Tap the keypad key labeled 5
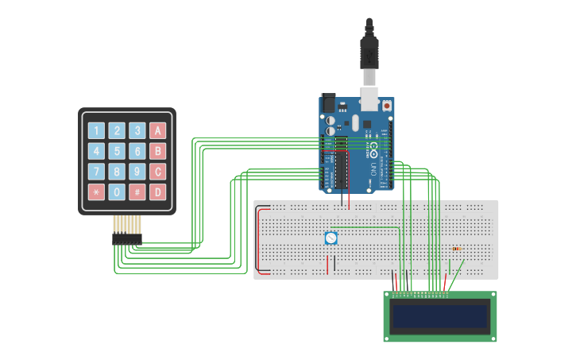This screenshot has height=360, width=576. (117, 151)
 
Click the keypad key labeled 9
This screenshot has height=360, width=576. (137, 172)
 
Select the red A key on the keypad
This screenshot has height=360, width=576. (158, 130)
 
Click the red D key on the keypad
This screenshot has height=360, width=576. (158, 192)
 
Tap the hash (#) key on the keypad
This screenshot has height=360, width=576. (137, 192)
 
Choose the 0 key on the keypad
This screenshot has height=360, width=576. (117, 192)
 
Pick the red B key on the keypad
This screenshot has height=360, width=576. (158, 151)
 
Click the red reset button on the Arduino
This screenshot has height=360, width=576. (387, 105)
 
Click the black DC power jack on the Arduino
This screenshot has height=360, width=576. (328, 103)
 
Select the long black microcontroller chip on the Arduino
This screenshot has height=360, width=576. (342, 163)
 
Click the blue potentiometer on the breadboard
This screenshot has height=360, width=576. (331, 238)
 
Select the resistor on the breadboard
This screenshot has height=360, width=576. (457, 249)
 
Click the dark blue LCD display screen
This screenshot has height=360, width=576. (440, 316)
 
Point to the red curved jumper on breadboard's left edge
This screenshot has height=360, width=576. (257, 238)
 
